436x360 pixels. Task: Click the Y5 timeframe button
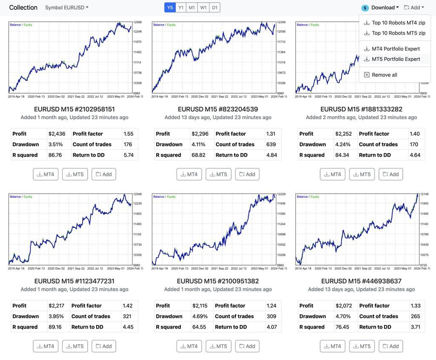point(170,8)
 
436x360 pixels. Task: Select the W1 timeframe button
point(204,8)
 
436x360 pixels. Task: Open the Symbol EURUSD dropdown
point(67,8)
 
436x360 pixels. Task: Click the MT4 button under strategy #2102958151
point(46,174)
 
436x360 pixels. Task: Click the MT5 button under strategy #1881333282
point(362,174)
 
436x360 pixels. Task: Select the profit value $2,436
point(57,134)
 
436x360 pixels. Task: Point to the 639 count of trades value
point(271,144)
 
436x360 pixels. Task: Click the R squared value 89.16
point(55,327)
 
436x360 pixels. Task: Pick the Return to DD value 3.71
point(415,327)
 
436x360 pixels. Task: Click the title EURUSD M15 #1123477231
point(74,281)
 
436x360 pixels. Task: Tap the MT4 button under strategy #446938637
point(333,346)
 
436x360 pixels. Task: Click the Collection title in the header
point(23,8)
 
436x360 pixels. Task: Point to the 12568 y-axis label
point(138,22)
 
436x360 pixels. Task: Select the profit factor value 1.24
point(271,306)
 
